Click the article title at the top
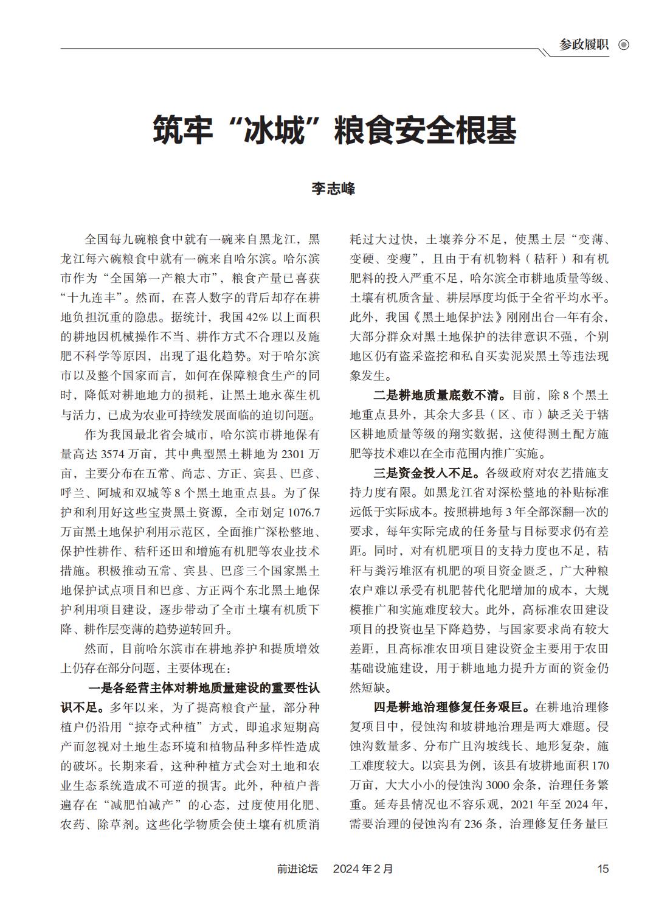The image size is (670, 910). click(x=334, y=130)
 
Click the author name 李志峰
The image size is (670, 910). click(x=334, y=188)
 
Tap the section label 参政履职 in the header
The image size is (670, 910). click(x=584, y=45)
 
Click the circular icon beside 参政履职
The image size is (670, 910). click(x=623, y=45)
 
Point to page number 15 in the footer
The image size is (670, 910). click(x=603, y=869)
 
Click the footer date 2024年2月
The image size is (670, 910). click(x=363, y=869)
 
